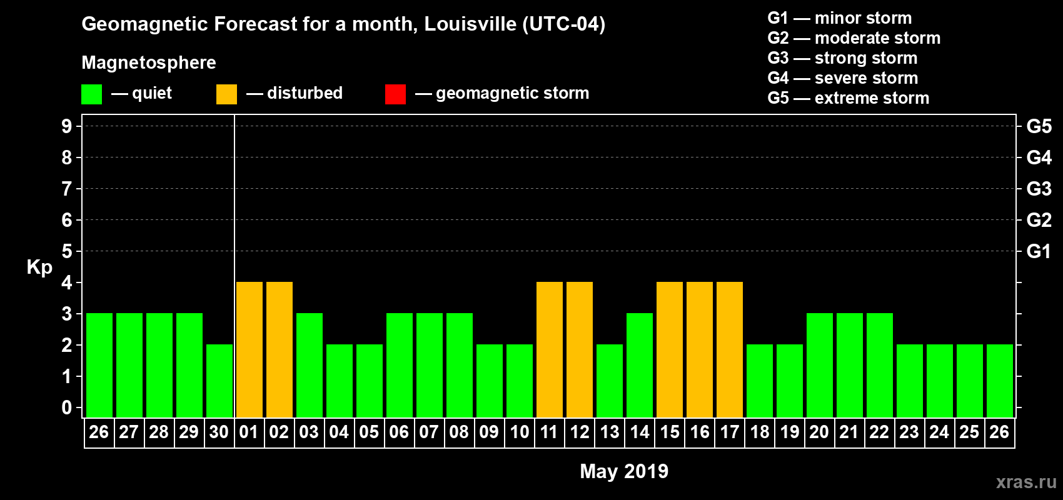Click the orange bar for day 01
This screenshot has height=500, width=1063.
(x=249, y=349)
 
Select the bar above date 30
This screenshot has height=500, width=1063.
(x=219, y=381)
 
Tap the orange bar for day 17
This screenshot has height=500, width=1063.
(x=730, y=349)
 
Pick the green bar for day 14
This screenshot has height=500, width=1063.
(x=640, y=365)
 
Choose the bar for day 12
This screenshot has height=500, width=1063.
(x=580, y=349)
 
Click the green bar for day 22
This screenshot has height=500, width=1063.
(x=880, y=365)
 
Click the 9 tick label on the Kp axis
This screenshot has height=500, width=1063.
(x=67, y=126)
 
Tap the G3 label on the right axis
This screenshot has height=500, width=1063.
(x=1039, y=189)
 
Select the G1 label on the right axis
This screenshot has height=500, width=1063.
(x=1039, y=251)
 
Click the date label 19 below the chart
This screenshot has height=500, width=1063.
(x=790, y=432)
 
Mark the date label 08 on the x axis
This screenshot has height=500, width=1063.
(x=459, y=432)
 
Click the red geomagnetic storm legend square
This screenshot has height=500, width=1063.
(x=395, y=94)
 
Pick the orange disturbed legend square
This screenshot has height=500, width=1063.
(x=226, y=94)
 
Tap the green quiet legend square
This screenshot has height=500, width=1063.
(x=91, y=94)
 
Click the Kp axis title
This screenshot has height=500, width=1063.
(x=39, y=267)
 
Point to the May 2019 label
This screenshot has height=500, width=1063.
(x=624, y=471)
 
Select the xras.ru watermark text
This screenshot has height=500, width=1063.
(x=1026, y=482)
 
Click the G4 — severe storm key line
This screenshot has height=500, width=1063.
(x=843, y=78)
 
